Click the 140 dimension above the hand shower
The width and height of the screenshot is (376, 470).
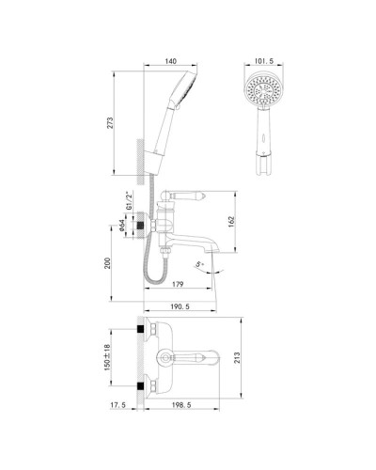[x=169, y=59]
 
